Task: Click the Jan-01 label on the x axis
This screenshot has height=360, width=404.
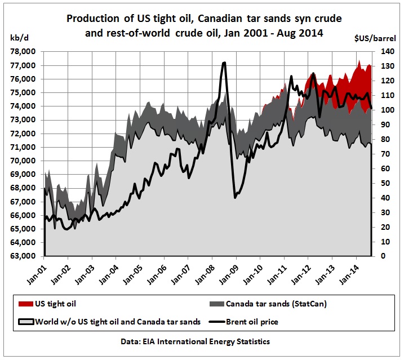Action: tap(40, 274)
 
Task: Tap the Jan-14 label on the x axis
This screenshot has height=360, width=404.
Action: tap(352, 274)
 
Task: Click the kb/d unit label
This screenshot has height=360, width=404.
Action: tap(19, 38)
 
